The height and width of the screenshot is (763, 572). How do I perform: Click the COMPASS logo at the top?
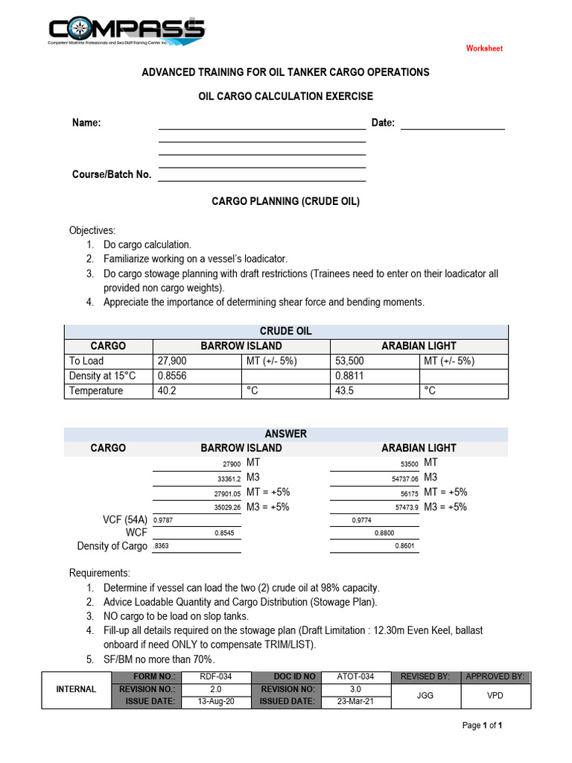pyautogui.click(x=126, y=32)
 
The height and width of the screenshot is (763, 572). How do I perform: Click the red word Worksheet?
pyautogui.click(x=484, y=48)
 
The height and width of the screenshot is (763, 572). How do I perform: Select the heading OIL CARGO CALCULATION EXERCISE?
pyautogui.click(x=286, y=96)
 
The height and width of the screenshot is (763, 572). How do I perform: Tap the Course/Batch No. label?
pyautogui.click(x=112, y=174)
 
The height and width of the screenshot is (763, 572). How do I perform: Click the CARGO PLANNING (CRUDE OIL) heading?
pyautogui.click(x=286, y=201)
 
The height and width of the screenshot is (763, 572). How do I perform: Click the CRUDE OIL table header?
pyautogui.click(x=286, y=332)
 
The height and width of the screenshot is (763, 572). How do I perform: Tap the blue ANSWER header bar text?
pyautogui.click(x=286, y=434)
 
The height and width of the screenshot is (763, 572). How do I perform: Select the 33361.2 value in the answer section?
pyautogui.click(x=223, y=478)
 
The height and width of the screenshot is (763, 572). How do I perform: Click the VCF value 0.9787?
pyautogui.click(x=164, y=521)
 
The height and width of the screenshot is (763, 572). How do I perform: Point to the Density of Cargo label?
pyautogui.click(x=112, y=546)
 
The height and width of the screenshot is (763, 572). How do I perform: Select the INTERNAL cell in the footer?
pyautogui.click(x=76, y=689)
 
